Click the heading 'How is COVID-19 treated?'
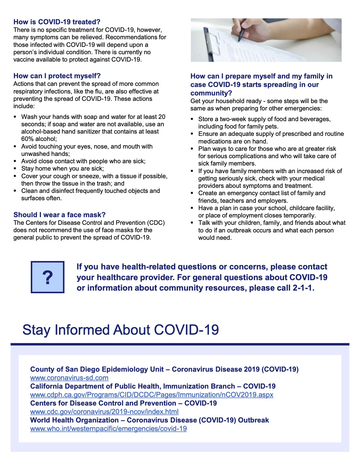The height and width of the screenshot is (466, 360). [57, 22]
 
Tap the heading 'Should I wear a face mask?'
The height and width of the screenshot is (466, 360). [59, 215]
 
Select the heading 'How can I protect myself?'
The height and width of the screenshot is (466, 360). [57, 76]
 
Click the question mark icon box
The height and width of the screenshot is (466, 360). [47, 277]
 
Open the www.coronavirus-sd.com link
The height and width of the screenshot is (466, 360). [69, 378]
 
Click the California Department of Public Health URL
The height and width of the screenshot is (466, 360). [152, 395]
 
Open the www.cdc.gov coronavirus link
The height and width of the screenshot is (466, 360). [104, 412]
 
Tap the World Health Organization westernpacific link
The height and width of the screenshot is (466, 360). [108, 429]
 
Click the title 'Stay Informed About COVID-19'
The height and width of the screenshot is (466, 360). [121, 330]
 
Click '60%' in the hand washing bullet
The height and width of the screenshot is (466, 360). [27, 139]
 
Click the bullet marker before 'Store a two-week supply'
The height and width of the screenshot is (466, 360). [192, 119]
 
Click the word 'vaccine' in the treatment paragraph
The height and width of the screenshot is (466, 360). [23, 60]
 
